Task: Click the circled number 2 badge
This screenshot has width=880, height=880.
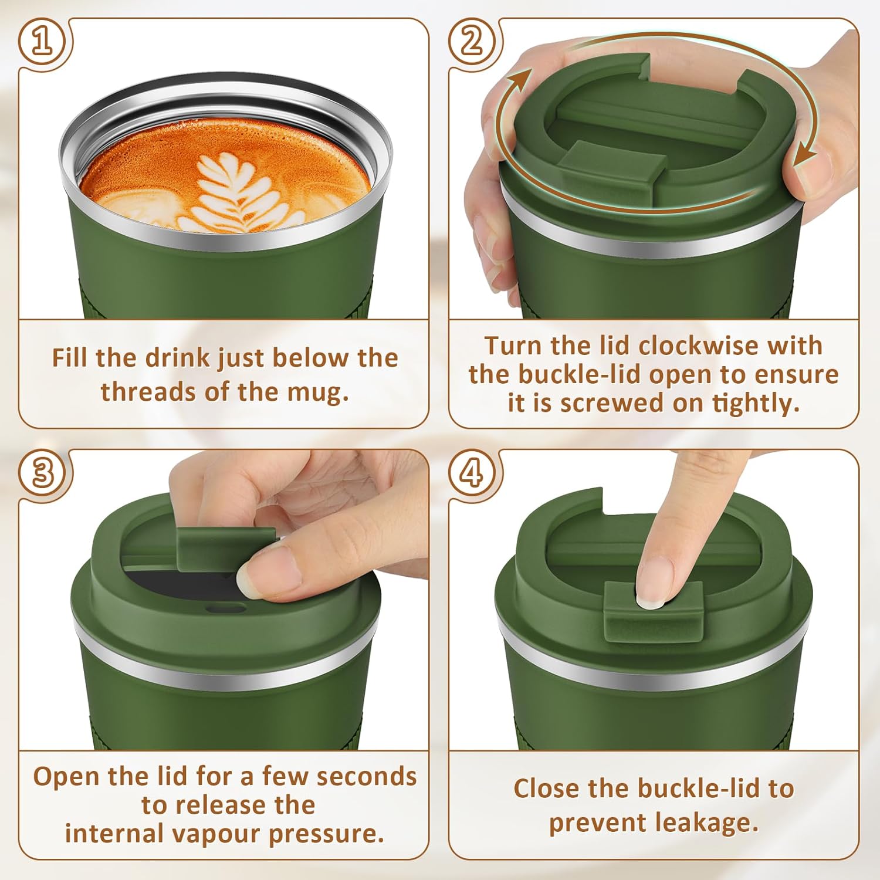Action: click(472, 42)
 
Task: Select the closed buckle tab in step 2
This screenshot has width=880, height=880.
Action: click(613, 161)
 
